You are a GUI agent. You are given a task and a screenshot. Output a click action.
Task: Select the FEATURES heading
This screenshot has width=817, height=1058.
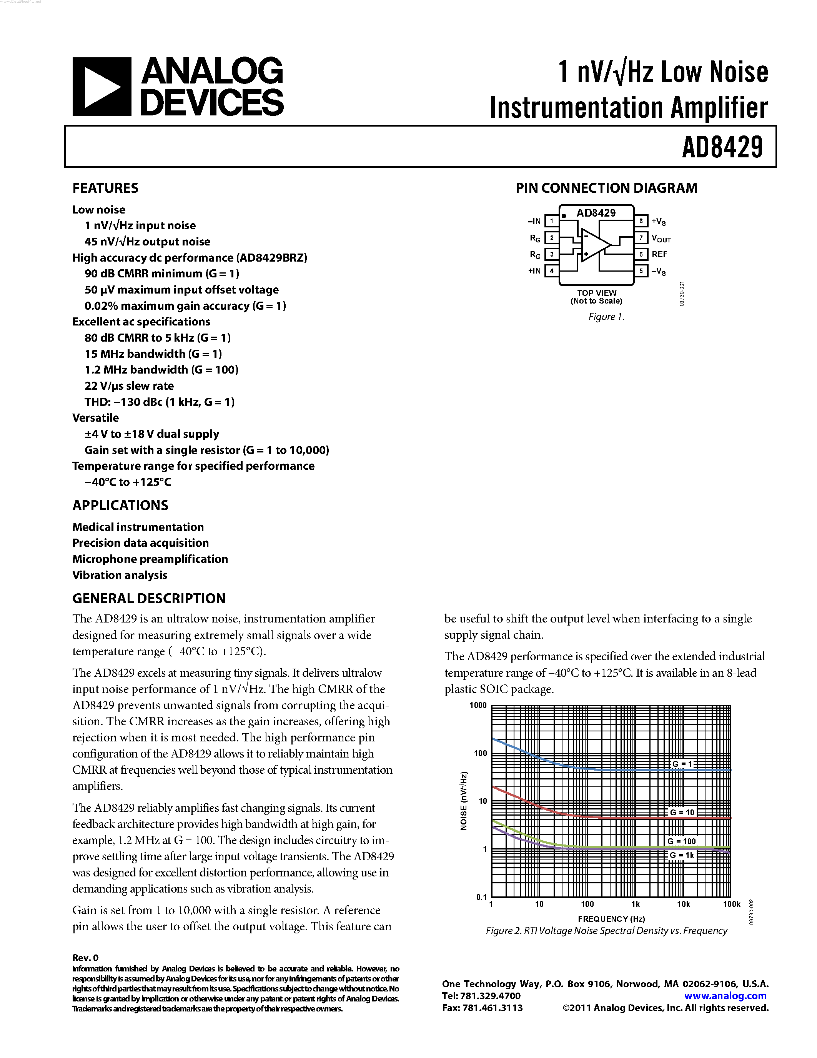coord(105,188)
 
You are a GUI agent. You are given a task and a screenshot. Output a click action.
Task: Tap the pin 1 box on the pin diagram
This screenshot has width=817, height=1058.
coord(551,221)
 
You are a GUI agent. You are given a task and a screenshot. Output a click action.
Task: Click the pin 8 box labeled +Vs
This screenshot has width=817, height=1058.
coord(641,221)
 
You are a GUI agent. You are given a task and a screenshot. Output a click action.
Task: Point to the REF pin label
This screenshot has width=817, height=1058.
coord(659,254)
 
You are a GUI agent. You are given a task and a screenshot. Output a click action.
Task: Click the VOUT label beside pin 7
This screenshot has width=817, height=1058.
coord(661,239)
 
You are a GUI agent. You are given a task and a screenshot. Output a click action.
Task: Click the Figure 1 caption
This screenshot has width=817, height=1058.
coord(606,317)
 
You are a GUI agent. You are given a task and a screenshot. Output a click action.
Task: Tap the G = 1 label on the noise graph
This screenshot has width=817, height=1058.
coord(682,764)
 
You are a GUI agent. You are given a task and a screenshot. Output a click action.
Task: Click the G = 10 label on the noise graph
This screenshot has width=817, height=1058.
coord(682,813)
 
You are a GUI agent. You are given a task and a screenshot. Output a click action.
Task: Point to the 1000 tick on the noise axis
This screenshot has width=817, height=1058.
coord(478,705)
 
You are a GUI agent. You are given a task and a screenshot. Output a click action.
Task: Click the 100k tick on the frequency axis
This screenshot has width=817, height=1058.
coord(731,904)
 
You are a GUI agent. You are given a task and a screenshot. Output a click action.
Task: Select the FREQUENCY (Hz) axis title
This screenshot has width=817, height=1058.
coord(611,919)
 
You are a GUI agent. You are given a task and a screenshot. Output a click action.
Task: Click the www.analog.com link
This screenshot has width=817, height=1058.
coord(725,996)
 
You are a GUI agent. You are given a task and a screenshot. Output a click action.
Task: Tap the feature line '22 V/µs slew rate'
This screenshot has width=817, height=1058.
coord(129,386)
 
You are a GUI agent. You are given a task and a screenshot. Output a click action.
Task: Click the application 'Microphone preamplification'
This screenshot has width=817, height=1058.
coord(150,559)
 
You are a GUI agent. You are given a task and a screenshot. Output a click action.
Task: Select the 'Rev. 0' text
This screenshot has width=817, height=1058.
coord(85,958)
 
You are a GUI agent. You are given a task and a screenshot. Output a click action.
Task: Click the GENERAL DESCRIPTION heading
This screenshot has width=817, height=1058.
coord(148,599)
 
